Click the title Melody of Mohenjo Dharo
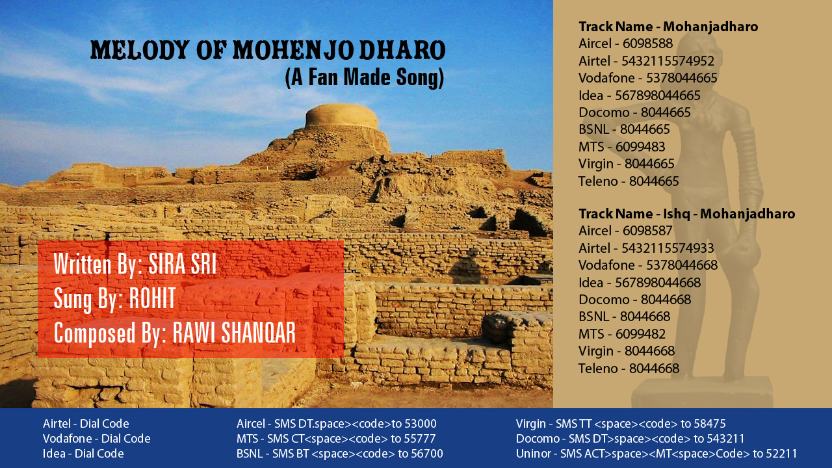tap(268, 50)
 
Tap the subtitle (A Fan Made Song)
tap(365, 77)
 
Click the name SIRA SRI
tap(183, 264)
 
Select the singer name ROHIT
tap(152, 298)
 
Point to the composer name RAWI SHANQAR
tap(234, 332)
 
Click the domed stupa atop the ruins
tap(341, 116)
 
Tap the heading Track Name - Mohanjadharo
tap(668, 27)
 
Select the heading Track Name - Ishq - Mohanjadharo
tap(687, 214)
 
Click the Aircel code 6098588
tap(648, 44)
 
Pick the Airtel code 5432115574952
tap(668, 61)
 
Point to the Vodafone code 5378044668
tap(682, 265)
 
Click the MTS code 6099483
tap(640, 147)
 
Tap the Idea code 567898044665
tap(658, 96)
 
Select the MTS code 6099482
tap(640, 334)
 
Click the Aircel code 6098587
tap(648, 231)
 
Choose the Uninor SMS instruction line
tap(656, 454)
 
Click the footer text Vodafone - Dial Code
tap(97, 439)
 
